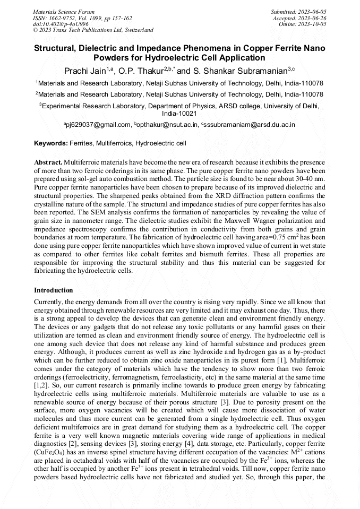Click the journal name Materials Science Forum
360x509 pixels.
pos(64,11)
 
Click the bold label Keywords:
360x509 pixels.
pos(51,143)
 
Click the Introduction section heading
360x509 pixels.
pos(53,290)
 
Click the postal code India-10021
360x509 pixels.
pos(179,113)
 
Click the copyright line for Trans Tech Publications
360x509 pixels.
pos(93,30)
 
